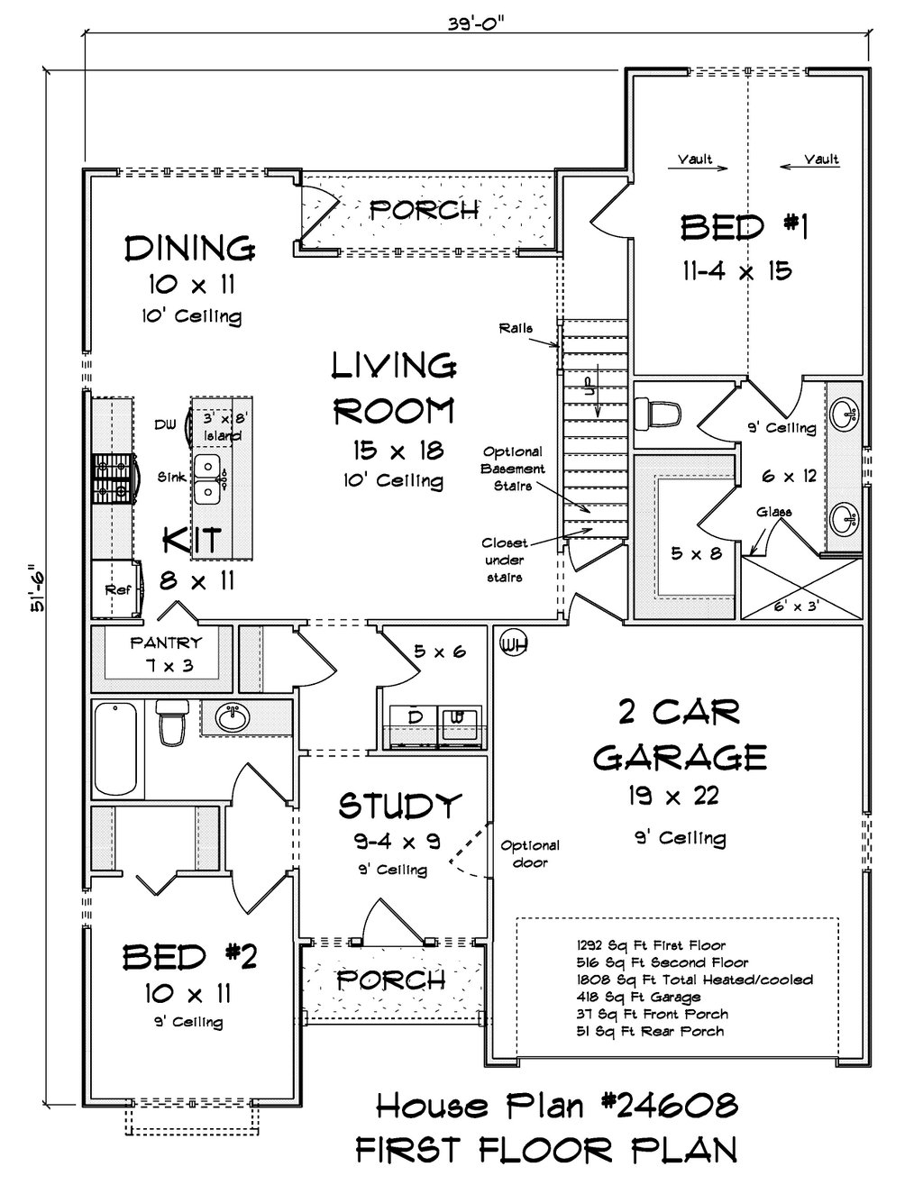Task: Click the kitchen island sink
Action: pyautogui.click(x=207, y=478)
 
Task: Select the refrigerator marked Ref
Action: pyautogui.click(x=117, y=589)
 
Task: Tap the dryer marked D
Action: pyautogui.click(x=415, y=726)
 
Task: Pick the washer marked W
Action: pyautogui.click(x=460, y=726)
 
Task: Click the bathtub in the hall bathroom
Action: pyautogui.click(x=116, y=749)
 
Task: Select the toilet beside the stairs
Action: pyautogui.click(x=658, y=412)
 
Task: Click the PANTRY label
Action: pyautogui.click(x=166, y=643)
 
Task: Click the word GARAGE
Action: pyautogui.click(x=681, y=758)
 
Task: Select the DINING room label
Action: pyautogui.click(x=190, y=249)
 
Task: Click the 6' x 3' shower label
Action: pyautogui.click(x=797, y=606)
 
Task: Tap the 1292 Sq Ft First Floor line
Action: pyautogui.click(x=651, y=945)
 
